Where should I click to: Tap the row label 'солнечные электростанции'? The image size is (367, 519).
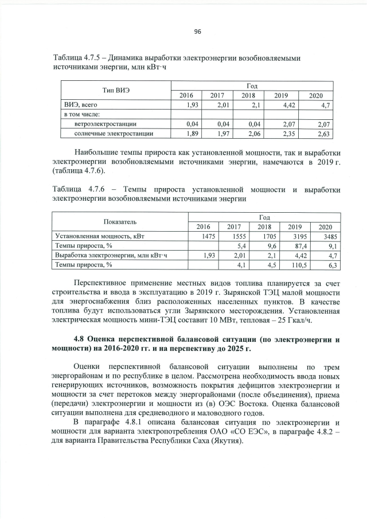point(114,134)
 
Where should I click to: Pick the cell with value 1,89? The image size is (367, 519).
point(189,134)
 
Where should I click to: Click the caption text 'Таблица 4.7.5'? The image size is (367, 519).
point(78,58)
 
